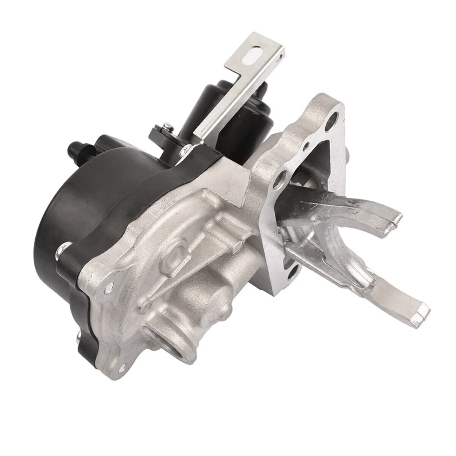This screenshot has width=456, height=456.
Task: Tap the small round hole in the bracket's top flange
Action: (x=280, y=58)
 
